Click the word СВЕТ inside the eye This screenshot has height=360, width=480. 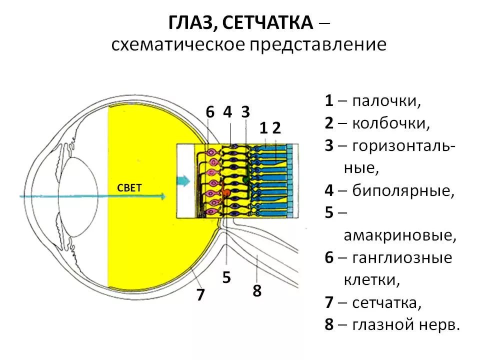point(129,187)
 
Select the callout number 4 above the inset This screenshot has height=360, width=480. point(227,112)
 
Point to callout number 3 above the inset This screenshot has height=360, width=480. point(245,112)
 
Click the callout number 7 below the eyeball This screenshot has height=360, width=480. point(200,295)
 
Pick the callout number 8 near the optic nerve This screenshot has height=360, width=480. point(257,291)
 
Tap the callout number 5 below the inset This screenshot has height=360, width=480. point(226,277)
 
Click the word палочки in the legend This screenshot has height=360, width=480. point(386,101)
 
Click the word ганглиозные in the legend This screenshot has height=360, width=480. point(402,258)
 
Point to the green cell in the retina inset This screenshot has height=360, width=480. point(246,178)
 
